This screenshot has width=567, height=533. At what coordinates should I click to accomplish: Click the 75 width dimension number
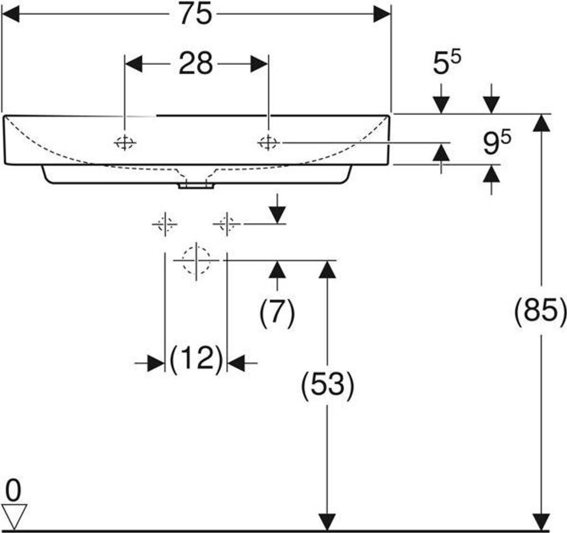(x=195, y=15)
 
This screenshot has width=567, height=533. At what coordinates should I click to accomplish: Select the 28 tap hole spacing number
(x=195, y=64)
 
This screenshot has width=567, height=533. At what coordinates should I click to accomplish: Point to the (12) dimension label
(x=196, y=360)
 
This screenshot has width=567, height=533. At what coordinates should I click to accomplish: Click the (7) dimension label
(x=277, y=313)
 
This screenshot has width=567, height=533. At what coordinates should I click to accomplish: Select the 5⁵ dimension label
(x=447, y=64)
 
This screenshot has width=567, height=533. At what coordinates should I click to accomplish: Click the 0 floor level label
(x=14, y=490)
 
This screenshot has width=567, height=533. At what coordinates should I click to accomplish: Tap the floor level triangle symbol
(x=14, y=515)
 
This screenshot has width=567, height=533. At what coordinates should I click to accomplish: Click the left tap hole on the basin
(x=125, y=143)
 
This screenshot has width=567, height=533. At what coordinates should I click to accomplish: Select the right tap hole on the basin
(x=268, y=143)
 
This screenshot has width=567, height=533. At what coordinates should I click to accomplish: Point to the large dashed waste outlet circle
(x=196, y=260)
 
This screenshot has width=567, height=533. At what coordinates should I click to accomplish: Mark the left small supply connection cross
(x=164, y=224)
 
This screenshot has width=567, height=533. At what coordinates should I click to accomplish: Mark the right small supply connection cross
(x=226, y=224)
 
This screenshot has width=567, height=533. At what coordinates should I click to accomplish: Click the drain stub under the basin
(x=195, y=186)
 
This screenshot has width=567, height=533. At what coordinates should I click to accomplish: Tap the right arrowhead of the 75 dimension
(x=382, y=15)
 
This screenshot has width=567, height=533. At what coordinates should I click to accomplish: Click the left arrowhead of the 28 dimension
(x=133, y=64)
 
